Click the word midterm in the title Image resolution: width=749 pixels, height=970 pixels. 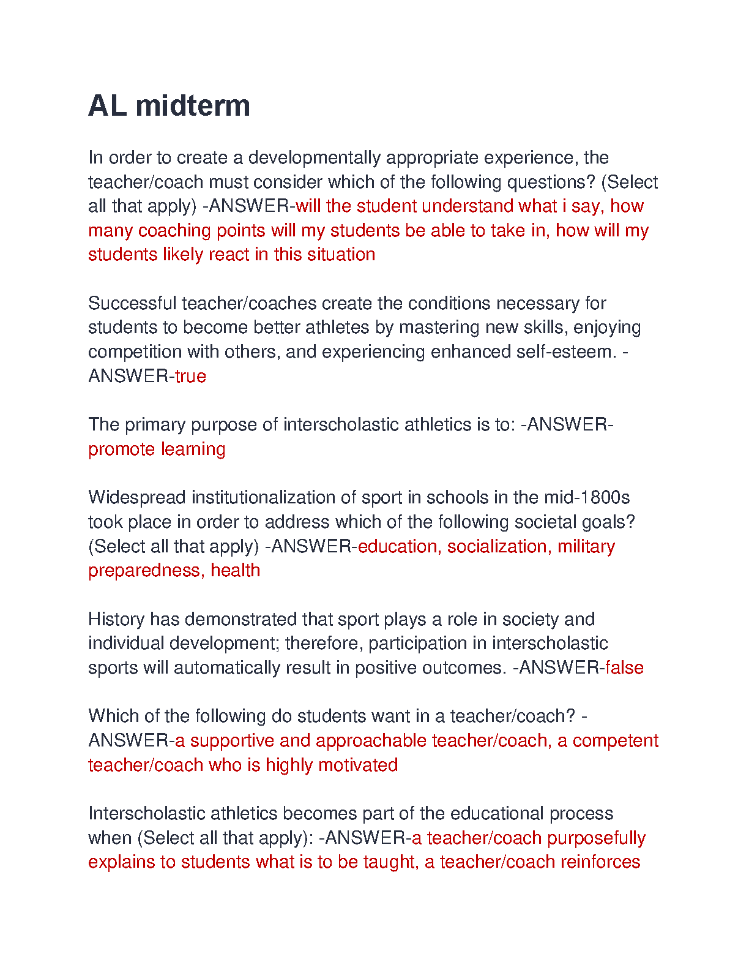193,106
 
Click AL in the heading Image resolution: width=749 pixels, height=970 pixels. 107,106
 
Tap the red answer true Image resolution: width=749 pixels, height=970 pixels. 190,376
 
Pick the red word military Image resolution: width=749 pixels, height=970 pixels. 586,546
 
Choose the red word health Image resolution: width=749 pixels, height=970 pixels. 235,571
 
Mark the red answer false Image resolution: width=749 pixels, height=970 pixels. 624,667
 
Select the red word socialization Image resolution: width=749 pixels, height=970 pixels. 497,546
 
